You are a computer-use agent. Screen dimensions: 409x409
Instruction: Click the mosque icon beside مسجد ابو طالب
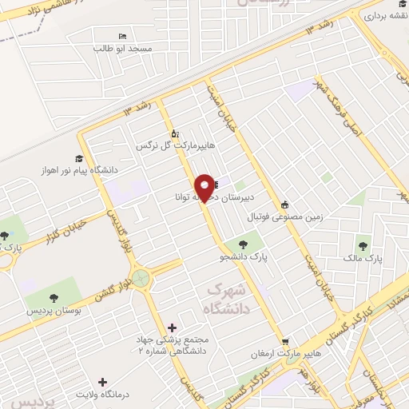122,37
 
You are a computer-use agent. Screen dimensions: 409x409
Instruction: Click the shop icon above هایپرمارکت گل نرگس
175,133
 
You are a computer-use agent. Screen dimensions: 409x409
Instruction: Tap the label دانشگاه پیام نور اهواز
73,171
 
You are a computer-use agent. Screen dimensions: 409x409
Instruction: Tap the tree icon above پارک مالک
364,245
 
